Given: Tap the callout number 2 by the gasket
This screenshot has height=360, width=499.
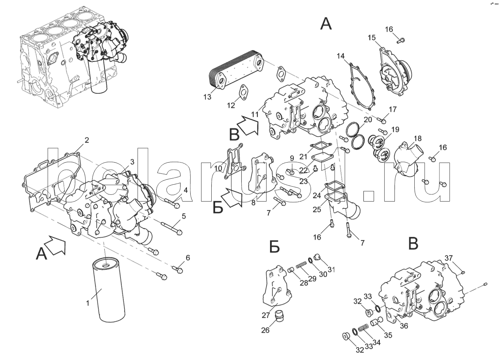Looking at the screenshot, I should (87, 140).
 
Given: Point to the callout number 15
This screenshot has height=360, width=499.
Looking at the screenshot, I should (371, 37).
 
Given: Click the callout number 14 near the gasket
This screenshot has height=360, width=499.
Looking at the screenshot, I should (340, 56).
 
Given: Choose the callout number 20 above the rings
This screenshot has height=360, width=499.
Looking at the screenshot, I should (368, 120).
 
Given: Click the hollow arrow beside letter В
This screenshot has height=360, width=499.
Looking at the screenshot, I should (248, 125).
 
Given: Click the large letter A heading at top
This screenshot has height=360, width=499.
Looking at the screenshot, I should (326, 24).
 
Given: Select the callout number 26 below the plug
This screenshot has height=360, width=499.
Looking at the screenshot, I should (265, 330).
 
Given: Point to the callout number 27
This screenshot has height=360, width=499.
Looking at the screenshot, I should (266, 315).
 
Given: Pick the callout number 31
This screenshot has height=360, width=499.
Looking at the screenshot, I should (331, 269).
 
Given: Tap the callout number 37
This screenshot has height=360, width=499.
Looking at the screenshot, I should (449, 258).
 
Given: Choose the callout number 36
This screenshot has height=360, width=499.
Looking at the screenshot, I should (403, 326).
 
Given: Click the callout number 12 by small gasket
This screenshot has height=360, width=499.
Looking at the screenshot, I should (231, 105).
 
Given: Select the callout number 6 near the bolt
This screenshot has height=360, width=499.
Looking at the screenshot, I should (188, 257).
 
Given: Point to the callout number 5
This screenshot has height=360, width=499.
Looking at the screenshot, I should (184, 216).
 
